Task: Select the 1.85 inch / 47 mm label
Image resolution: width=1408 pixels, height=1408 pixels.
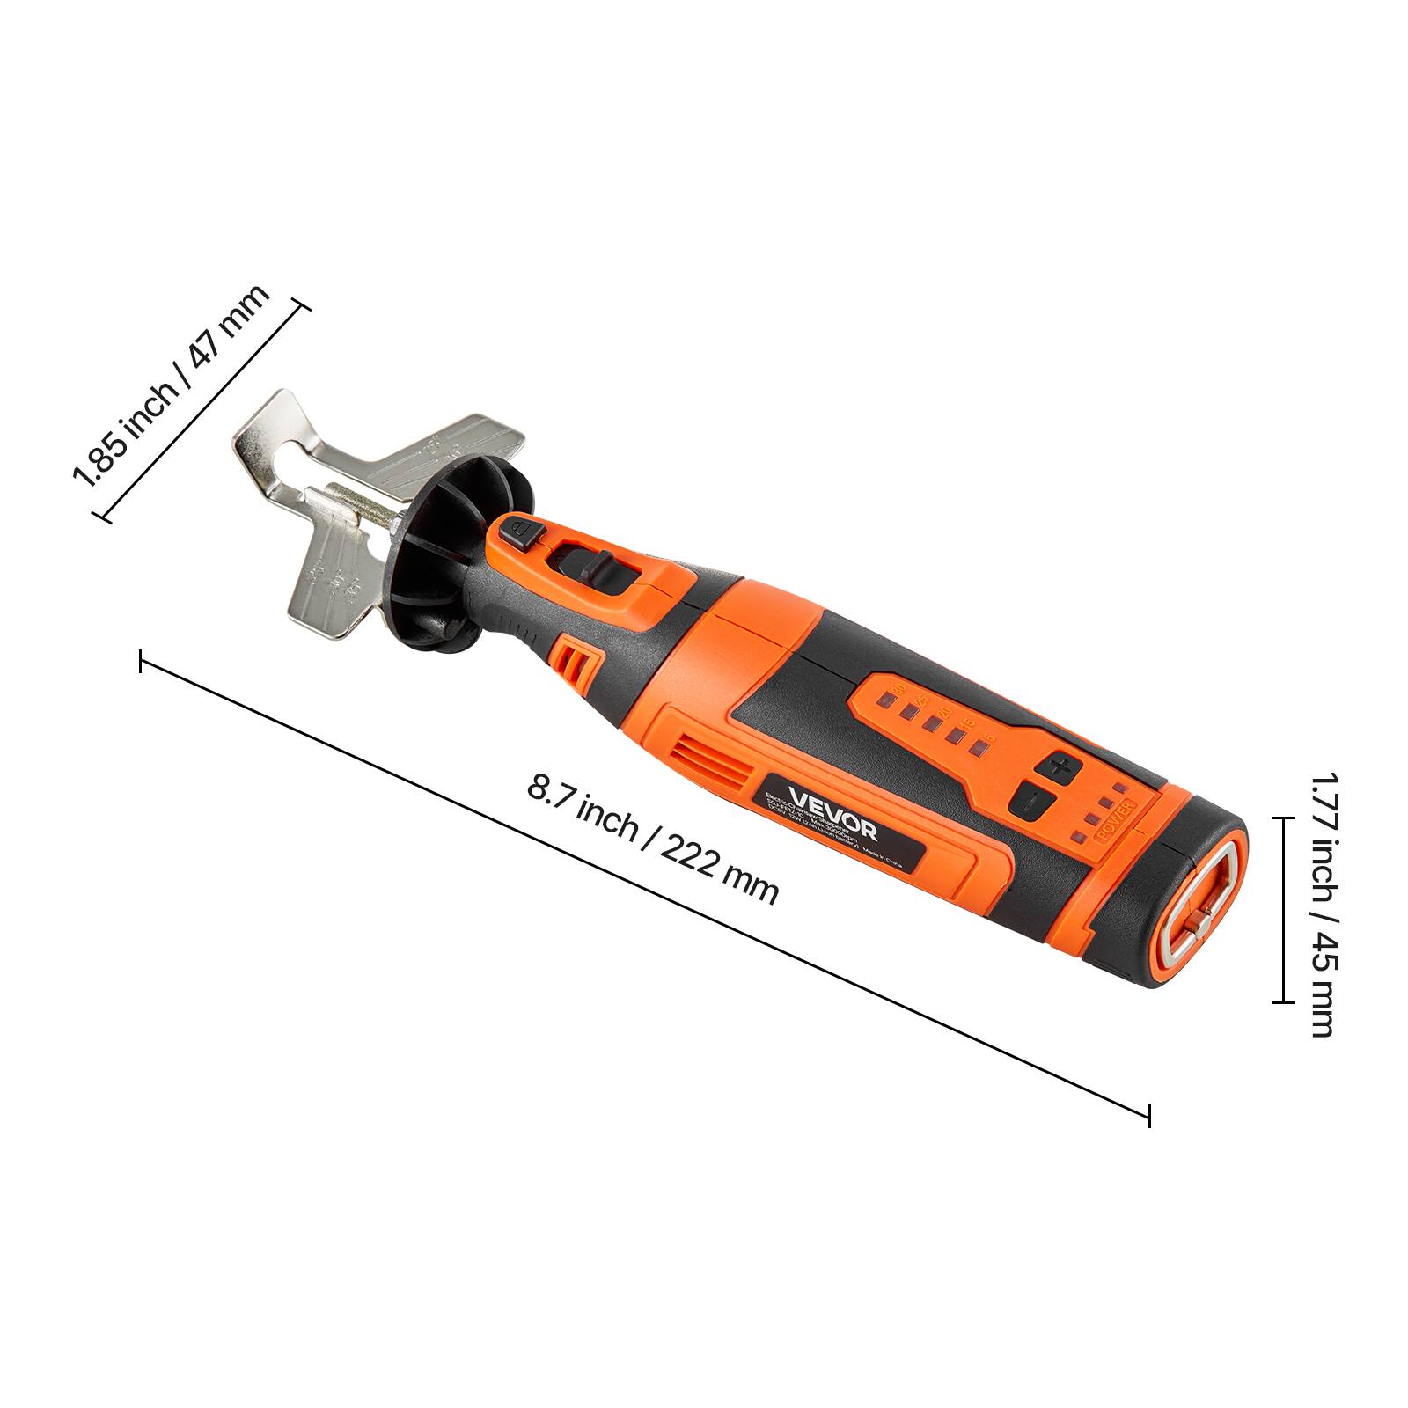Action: (x=172, y=387)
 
